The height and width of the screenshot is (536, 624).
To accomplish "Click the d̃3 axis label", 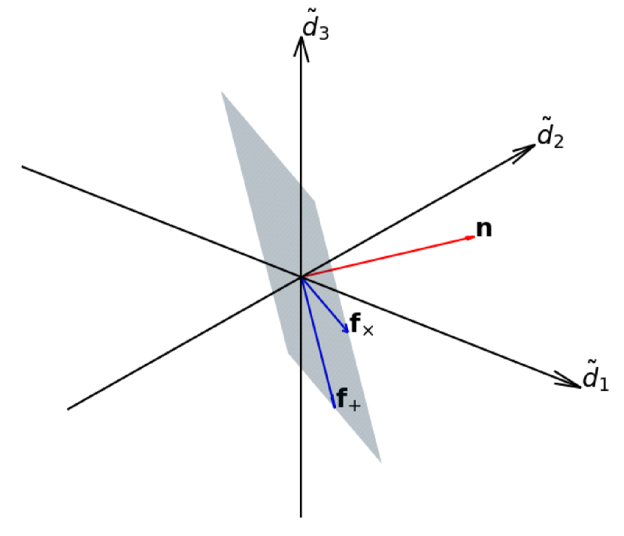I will click(x=315, y=27).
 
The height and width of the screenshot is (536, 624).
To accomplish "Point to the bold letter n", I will click(x=485, y=229).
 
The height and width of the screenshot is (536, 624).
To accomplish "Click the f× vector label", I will click(x=362, y=327).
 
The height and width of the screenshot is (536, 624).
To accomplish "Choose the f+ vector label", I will click(x=348, y=401).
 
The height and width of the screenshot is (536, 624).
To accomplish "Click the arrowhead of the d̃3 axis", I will click(x=301, y=40).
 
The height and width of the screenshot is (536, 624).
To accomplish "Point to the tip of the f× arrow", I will click(x=348, y=333).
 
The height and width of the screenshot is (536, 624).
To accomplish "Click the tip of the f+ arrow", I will click(x=333, y=407).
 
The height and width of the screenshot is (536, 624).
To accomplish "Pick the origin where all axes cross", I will click(x=301, y=277).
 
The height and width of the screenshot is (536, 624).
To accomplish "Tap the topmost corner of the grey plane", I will click(x=222, y=92).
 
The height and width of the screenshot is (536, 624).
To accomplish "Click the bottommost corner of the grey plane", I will click(x=380, y=462).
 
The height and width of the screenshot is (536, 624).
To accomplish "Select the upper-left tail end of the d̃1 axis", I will click(x=23, y=166).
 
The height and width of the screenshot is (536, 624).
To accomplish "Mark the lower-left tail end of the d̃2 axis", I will click(x=68, y=409).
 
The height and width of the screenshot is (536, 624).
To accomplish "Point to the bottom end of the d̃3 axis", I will click(x=301, y=516).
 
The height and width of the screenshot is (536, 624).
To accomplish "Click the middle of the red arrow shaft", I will click(x=388, y=257).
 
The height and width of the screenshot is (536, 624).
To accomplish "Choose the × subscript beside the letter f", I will click(x=368, y=330).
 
